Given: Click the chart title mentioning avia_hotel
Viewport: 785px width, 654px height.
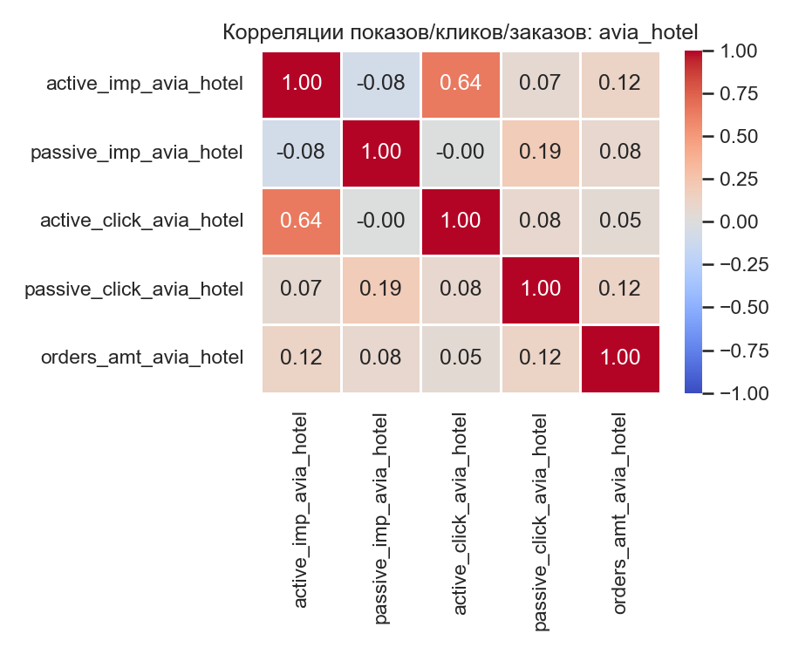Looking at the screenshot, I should click(x=461, y=32).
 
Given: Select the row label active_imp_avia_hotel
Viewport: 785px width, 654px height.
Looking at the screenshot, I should click(x=144, y=84).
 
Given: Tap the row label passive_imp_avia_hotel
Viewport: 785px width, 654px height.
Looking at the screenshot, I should click(x=136, y=153).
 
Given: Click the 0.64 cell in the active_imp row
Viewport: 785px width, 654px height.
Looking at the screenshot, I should click(x=461, y=84).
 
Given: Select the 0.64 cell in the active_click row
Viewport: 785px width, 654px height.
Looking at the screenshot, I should click(x=302, y=221).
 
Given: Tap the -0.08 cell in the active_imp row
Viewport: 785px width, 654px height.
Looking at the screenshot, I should click(x=381, y=84).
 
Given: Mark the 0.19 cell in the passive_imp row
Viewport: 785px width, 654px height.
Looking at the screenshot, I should click(x=540, y=153).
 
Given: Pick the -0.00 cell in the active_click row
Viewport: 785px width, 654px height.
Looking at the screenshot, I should click(x=381, y=221).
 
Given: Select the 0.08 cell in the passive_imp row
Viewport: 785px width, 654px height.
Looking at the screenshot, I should click(x=619, y=153).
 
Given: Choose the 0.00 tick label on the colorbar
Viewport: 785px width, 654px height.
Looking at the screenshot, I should click(x=743, y=222).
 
